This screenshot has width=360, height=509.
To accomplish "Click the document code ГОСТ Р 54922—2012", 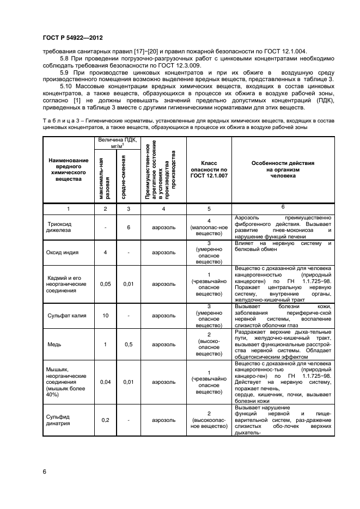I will tap(72, 38).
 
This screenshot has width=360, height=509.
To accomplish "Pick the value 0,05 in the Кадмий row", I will tap(105, 284).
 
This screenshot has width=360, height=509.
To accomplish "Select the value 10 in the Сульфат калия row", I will tap(105, 315).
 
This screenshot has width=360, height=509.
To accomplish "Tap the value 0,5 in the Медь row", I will tap(128, 344).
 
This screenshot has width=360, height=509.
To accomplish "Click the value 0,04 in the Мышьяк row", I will tap(105, 382).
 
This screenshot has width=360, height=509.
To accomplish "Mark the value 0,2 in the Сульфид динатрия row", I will tap(105, 420).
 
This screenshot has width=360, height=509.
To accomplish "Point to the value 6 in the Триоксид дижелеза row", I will tap(128, 227).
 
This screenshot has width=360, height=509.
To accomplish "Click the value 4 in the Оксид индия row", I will tap(105, 253).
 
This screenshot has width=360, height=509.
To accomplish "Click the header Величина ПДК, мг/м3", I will tap(117, 143).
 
